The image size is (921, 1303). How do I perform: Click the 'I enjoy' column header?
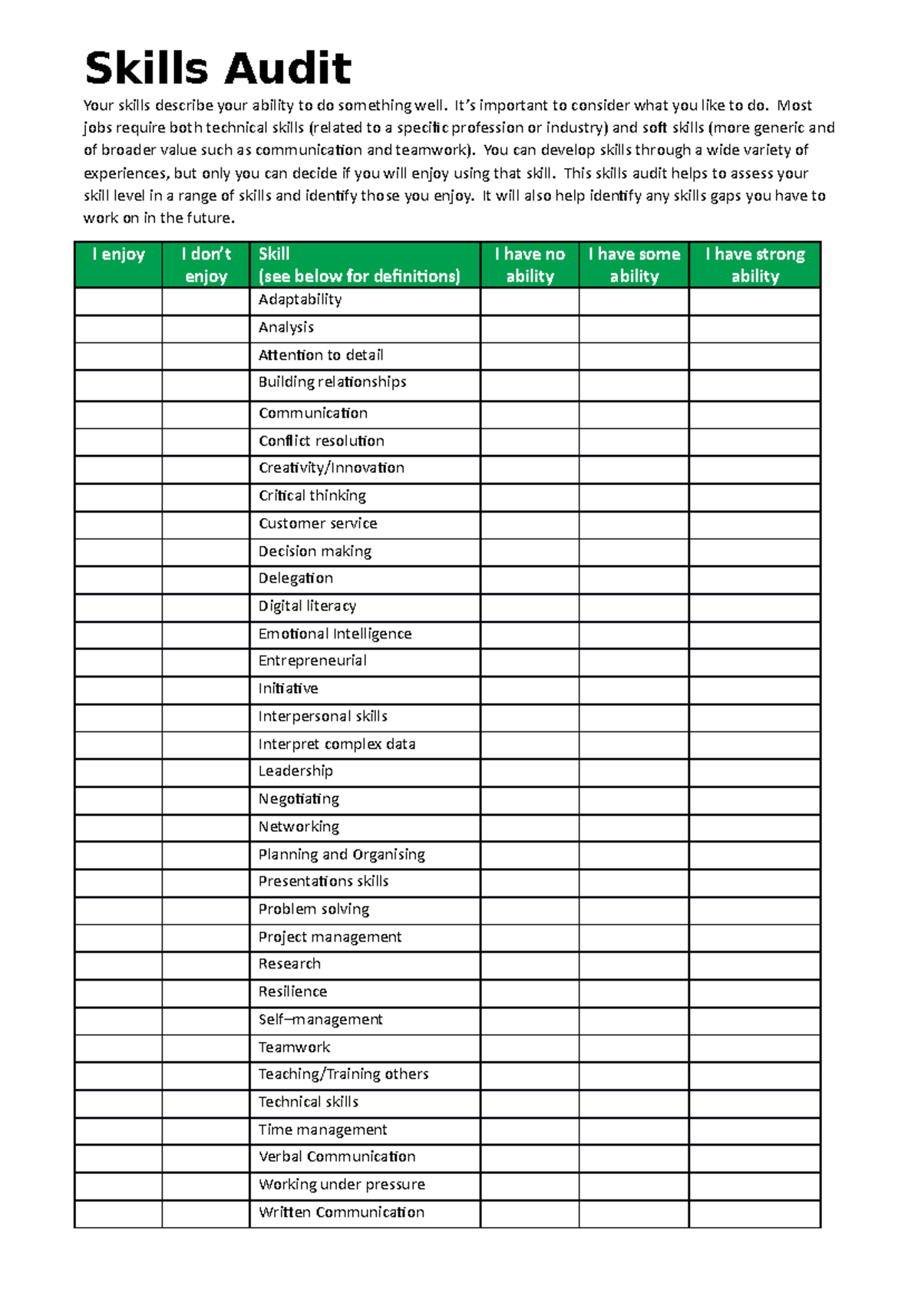pos(118,255)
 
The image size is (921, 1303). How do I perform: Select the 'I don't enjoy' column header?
pos(206,265)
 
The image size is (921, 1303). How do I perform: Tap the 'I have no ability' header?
pos(530,265)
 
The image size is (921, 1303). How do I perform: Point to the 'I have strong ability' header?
pos(754,265)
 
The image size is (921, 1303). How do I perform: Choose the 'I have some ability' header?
pos(634,265)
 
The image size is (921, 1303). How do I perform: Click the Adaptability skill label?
pos(300,299)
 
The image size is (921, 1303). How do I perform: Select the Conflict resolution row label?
pos(322,440)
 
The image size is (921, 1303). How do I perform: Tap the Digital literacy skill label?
pos(307,606)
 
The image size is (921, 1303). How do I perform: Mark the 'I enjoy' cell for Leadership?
pos(118,772)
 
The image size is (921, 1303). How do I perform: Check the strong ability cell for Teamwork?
pos(754,1048)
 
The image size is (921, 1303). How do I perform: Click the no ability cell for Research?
pos(530,965)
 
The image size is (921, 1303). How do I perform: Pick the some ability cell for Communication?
pos(634,414)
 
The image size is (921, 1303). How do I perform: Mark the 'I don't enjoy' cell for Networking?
pos(206,828)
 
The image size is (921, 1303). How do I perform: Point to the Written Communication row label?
pos(341,1212)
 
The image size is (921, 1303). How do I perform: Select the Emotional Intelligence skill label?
pos(335,634)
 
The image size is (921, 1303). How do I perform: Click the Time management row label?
pos(322,1130)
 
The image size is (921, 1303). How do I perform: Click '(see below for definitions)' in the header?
pos(359,276)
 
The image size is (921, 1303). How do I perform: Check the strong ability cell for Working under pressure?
pos(754,1186)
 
